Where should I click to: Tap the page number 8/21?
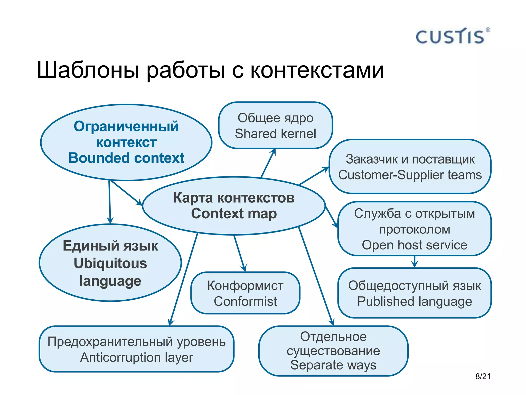tap(483, 376)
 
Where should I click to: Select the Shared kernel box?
tap(275, 125)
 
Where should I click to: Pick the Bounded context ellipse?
tap(126, 142)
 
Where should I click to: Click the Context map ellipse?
tap(234, 205)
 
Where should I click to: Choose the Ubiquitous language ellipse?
tap(110, 263)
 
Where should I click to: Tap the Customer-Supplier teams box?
tap(410, 167)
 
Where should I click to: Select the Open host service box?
tap(414, 229)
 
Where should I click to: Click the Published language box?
tap(414, 293)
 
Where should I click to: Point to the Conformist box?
tap(245, 293)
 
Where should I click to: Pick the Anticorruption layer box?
tap(136, 349)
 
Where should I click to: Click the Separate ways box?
tap(333, 351)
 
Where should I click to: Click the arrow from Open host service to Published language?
tap(415, 262)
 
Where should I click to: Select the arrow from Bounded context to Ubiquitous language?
tap(110, 202)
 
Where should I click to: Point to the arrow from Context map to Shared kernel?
tap(268, 163)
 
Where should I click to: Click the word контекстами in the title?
tap(317, 70)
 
